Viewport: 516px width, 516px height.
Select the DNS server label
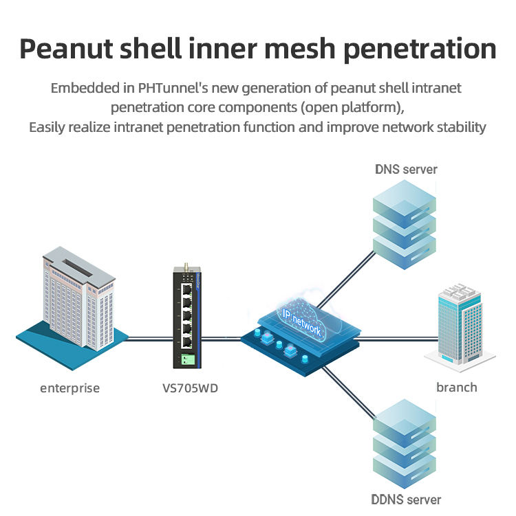coord(406,169)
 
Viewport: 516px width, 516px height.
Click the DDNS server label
coord(406,500)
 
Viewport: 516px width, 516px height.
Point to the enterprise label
coord(69,388)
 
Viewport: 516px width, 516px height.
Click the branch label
coord(456,388)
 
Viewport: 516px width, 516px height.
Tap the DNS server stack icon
coord(405,219)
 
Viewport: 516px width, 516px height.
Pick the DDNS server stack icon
coord(405,443)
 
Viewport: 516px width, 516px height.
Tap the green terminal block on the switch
coord(186,358)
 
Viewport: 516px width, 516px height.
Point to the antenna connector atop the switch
coord(186,266)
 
